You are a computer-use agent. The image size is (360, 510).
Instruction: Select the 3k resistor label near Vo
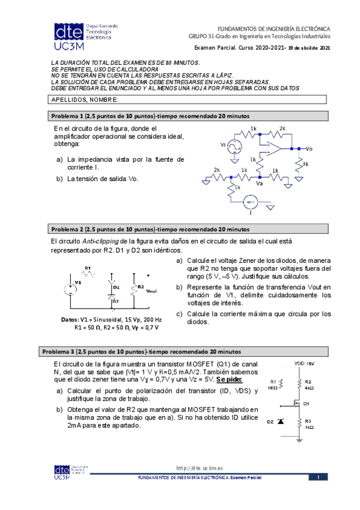[x=305, y=164]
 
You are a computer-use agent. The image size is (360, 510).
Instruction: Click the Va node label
[x=259, y=183]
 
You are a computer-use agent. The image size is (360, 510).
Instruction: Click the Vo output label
[x=309, y=148]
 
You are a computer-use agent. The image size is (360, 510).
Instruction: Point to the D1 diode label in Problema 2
[x=115, y=287]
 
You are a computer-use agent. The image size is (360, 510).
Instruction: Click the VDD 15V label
[x=304, y=363]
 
